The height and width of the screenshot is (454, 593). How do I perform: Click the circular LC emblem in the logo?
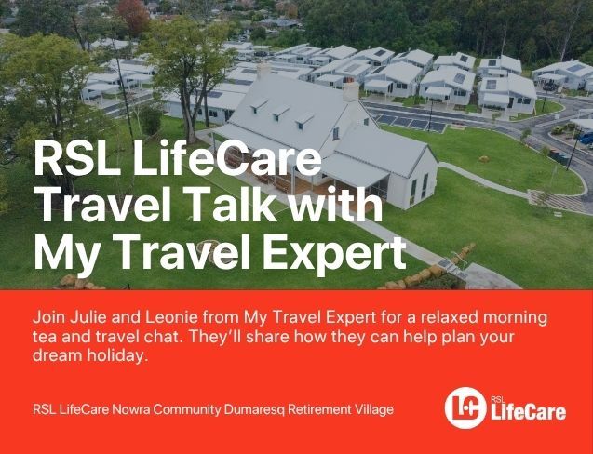click(465, 407)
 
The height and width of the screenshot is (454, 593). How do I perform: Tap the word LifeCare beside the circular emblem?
click(528, 412)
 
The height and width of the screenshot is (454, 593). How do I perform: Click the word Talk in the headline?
click(232, 206)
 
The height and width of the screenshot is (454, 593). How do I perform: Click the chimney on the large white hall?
click(351, 90)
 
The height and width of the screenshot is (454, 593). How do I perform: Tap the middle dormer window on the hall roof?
click(279, 113)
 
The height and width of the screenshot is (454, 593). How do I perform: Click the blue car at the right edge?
click(586, 138)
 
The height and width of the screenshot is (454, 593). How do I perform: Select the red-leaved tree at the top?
click(133, 15)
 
